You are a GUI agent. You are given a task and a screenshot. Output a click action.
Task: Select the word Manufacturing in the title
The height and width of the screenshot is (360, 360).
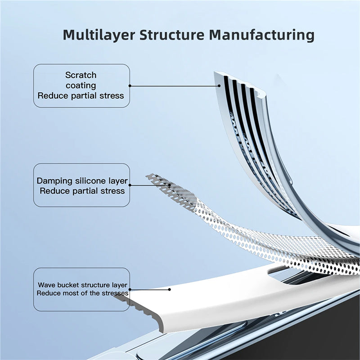(264, 35)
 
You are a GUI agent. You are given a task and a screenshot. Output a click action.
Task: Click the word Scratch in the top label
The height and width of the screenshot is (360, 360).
(81, 75)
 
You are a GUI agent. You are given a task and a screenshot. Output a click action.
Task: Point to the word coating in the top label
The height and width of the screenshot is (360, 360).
(81, 85)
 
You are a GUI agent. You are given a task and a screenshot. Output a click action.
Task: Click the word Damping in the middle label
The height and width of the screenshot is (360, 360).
(54, 181)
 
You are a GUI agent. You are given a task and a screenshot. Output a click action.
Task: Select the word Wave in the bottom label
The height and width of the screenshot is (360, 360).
(45, 285)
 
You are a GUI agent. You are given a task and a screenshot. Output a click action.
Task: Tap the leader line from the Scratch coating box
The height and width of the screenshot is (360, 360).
(171, 85)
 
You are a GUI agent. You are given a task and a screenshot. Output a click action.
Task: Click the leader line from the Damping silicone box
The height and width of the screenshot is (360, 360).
(148, 184)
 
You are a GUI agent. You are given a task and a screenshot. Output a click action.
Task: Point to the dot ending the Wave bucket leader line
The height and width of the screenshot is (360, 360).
(169, 289)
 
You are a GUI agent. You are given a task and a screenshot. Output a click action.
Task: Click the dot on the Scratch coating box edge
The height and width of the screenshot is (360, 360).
(130, 85)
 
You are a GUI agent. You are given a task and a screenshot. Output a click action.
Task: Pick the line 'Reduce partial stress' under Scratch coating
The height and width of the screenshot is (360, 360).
(81, 95)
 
